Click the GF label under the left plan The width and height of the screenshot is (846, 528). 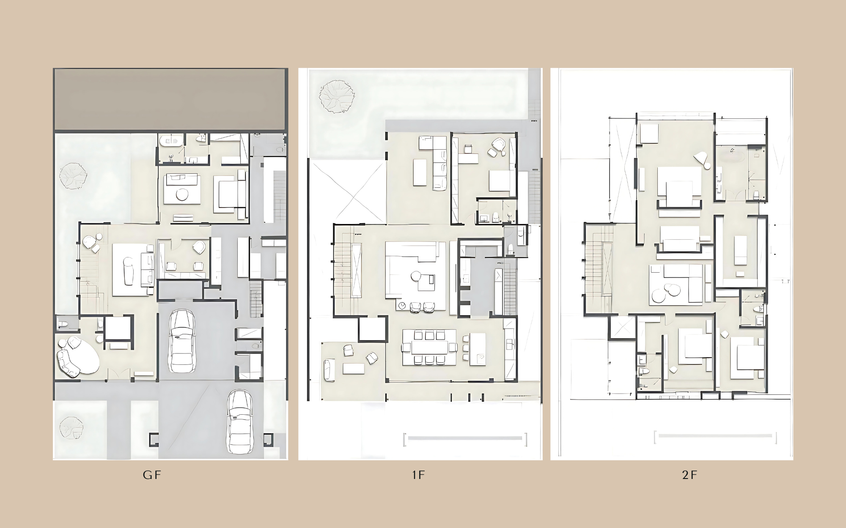152,475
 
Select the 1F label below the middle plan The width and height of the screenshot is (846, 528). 418,475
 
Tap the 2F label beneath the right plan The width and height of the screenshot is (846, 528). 689,475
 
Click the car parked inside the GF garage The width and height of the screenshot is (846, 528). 182,341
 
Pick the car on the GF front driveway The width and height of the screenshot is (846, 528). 239,421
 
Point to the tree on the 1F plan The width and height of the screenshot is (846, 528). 337,97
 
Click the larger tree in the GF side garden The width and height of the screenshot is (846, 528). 73,176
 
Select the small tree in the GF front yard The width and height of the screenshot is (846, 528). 71,428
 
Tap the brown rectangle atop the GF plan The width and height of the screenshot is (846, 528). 170,99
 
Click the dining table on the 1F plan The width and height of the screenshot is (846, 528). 429,347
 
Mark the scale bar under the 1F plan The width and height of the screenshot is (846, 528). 465,439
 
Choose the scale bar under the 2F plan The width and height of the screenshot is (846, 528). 715,437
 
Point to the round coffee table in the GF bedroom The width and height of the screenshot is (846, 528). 182,194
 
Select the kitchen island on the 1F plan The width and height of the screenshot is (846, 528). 478,349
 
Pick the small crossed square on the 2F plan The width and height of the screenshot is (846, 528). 623,328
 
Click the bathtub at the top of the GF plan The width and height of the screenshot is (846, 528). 171,141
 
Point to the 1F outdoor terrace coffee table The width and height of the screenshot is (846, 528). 354,369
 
